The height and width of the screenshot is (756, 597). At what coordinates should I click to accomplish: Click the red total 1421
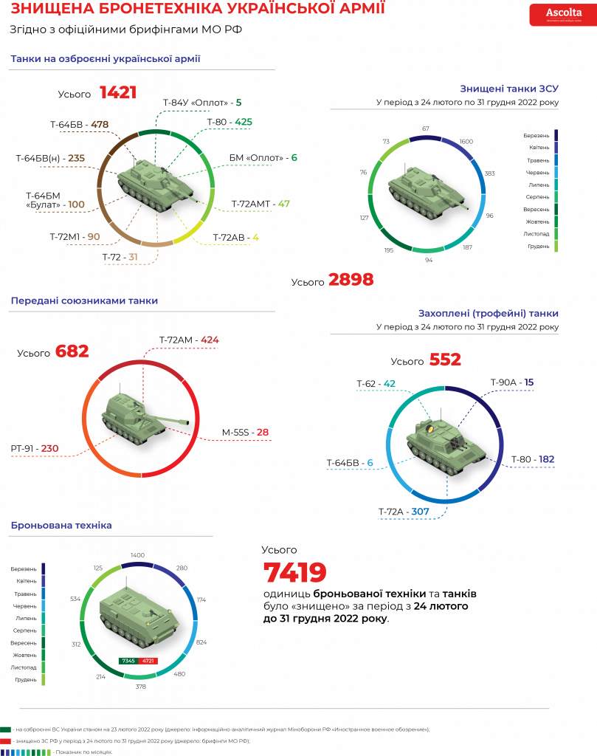[118, 92]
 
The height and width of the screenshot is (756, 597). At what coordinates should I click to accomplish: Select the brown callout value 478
[100, 124]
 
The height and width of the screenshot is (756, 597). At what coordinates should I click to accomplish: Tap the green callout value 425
[244, 121]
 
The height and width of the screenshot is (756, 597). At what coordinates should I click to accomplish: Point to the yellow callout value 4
[255, 237]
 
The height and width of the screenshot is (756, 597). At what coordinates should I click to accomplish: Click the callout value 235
[76, 158]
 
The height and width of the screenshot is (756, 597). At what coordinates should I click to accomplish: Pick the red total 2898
[351, 280]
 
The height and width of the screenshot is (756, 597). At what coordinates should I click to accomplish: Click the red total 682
[72, 351]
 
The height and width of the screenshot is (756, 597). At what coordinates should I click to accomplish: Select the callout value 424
[210, 340]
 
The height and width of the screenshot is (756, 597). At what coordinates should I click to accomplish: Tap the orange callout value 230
[49, 448]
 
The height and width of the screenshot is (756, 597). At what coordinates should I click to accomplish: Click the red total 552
[445, 360]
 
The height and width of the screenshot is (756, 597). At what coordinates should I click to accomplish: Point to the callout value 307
[420, 511]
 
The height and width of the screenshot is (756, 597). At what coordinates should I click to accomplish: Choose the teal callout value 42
[390, 383]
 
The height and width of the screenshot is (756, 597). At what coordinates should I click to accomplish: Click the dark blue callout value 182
[546, 459]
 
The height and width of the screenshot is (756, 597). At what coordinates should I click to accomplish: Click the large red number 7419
[294, 573]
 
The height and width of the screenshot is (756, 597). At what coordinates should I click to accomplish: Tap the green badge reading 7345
[128, 660]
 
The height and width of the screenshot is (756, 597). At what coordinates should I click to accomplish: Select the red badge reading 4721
[148, 660]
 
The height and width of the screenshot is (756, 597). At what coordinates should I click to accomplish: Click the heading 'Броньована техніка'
[61, 525]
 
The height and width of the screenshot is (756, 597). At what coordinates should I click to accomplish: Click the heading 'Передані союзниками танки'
[84, 300]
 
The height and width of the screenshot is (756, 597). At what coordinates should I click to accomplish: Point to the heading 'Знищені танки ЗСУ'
[509, 89]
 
